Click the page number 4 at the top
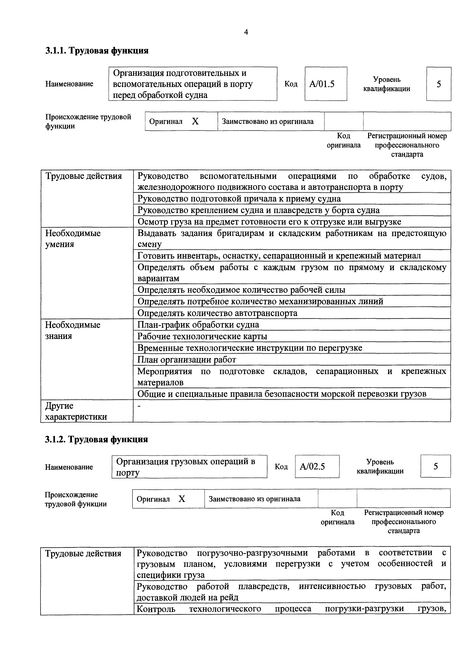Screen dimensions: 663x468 pyautogui.click(x=246, y=32)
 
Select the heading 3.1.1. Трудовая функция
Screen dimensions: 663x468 pyautogui.click(x=97, y=51)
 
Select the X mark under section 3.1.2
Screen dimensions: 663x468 pyautogui.click(x=182, y=499)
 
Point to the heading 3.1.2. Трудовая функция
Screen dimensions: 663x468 pyautogui.click(x=96, y=439)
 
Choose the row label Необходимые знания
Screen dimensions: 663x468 pyautogui.click(x=73, y=330)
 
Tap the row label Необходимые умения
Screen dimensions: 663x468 pyautogui.click(x=73, y=239)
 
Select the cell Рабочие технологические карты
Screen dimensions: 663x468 pyautogui.click(x=202, y=336)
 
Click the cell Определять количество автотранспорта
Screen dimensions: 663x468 pyautogui.click(x=217, y=313)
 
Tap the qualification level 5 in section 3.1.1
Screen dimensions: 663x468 pyautogui.click(x=439, y=84)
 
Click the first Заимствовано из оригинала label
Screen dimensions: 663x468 pyautogui.click(x=268, y=122)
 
